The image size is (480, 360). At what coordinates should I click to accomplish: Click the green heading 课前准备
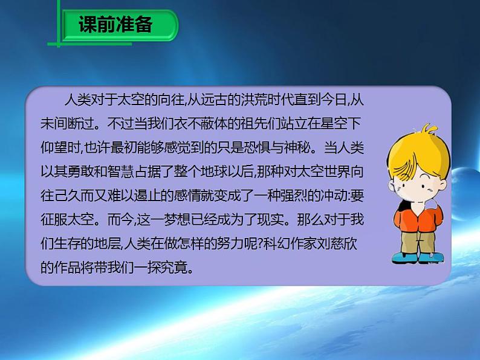(115, 26)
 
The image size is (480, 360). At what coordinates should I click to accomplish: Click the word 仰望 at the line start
(58, 147)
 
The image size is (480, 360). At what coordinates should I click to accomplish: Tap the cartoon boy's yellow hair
(408, 145)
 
